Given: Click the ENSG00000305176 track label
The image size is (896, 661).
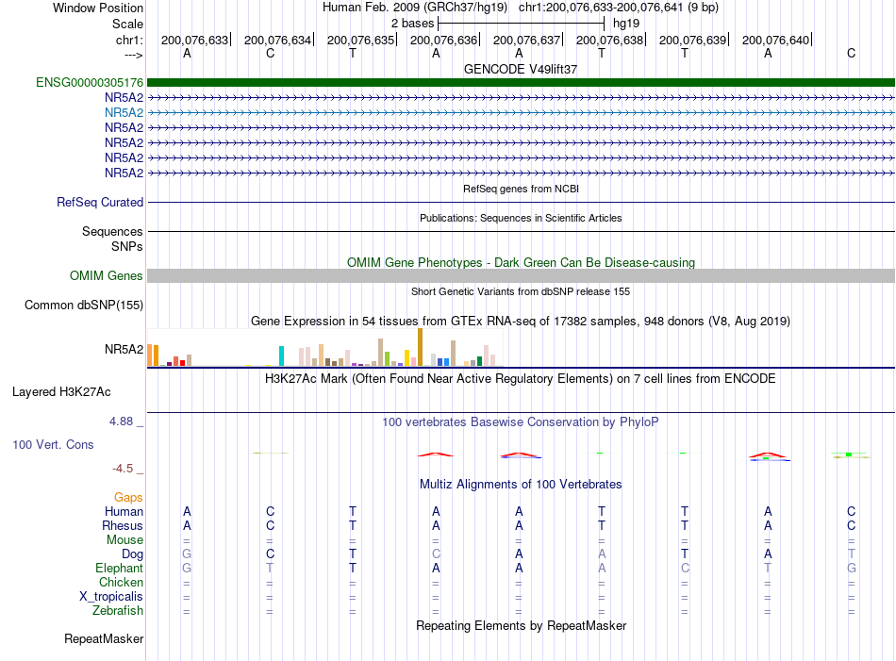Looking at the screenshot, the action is [90, 82].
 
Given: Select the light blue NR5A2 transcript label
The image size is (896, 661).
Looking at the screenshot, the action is [124, 112].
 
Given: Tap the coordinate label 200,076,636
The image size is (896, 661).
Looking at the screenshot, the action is [443, 40].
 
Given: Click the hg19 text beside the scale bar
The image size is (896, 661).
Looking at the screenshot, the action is [626, 24].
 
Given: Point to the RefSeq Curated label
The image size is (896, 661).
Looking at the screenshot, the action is [100, 202].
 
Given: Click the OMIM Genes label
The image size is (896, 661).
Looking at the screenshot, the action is [107, 276].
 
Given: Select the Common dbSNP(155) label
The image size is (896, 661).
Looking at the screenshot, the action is [84, 306].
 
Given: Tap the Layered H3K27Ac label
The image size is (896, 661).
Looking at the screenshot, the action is [61, 392].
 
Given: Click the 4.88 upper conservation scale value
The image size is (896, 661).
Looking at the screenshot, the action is [121, 421].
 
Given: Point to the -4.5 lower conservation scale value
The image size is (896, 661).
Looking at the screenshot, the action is [123, 469].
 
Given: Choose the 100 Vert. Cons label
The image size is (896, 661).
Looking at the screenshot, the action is [53, 444].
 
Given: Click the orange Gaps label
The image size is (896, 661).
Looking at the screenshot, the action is [128, 498].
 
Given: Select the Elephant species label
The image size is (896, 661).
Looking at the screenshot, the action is [120, 568].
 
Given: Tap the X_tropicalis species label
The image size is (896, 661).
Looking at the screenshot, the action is [111, 597].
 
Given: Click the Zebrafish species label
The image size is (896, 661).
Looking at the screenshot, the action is [118, 611].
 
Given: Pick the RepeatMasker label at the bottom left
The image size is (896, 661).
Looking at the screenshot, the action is [104, 638].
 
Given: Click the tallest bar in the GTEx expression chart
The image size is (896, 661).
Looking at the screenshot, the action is [421, 347].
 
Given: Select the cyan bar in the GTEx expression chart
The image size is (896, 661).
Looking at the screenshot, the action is [281, 355].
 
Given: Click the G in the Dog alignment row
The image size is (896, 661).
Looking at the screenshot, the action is [187, 554].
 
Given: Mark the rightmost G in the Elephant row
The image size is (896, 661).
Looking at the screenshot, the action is [852, 568].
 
